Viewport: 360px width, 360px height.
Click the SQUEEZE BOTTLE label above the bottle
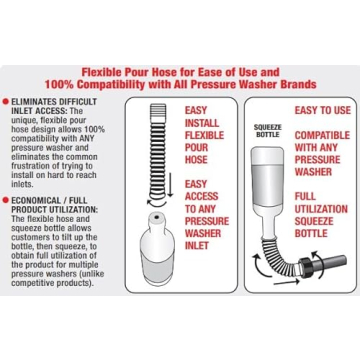click(x=268, y=131)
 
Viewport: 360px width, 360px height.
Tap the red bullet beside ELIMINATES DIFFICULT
click(x=5, y=101)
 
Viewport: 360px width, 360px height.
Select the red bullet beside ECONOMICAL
click(x=5, y=200)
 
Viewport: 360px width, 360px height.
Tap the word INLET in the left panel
click(x=197, y=246)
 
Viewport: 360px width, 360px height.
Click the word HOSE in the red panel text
click(x=196, y=159)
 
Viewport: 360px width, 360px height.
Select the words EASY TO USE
click(x=322, y=110)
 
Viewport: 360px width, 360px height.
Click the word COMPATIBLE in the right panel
click(x=322, y=135)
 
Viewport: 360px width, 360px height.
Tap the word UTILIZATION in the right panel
click(x=321, y=209)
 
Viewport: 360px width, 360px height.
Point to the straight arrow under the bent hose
click(x=285, y=283)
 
